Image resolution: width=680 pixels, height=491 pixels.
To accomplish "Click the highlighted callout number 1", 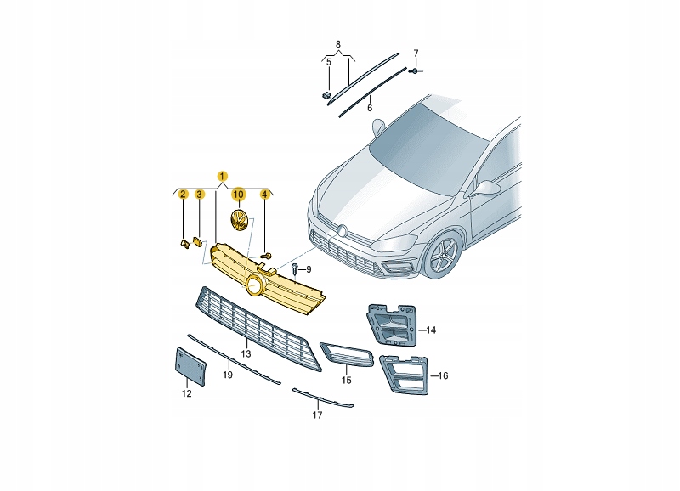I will [x=222, y=176].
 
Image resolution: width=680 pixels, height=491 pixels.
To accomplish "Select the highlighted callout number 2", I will [x=182, y=195].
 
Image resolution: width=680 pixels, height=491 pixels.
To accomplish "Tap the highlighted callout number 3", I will [x=199, y=195].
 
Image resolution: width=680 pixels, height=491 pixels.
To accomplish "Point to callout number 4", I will [x=264, y=195].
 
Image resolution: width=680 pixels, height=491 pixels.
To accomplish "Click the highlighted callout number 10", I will [x=239, y=195].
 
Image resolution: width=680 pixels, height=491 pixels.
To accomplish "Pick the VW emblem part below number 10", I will [x=239, y=223].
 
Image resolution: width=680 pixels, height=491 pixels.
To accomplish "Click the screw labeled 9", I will [x=293, y=269].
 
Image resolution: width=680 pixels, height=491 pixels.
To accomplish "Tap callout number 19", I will [x=228, y=374].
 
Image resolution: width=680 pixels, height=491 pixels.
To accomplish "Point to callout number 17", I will [x=317, y=415].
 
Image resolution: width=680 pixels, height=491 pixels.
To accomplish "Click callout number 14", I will [x=431, y=330].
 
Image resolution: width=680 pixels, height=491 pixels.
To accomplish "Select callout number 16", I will [x=443, y=375].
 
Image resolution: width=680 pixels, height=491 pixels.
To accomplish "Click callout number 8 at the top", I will [x=337, y=43].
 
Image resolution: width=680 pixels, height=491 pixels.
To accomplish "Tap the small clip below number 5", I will [x=326, y=94].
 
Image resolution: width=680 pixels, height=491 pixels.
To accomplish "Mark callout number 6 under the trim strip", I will [x=370, y=108].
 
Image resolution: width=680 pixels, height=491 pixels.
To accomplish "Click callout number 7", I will [x=416, y=54].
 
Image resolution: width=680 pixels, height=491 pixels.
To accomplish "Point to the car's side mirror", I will [x=488, y=186].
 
